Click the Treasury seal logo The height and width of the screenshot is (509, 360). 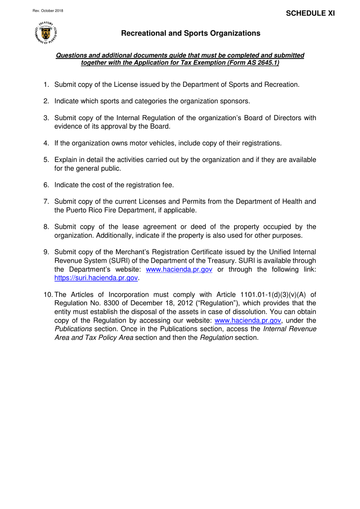[46, 33]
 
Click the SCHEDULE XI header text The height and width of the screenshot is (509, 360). [310, 13]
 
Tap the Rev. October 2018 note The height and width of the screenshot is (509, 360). [48, 11]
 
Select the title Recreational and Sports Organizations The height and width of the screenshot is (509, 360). [191, 33]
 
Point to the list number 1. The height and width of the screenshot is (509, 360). [46, 85]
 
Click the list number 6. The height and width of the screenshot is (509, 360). [46, 185]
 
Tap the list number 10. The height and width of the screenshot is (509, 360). [48, 295]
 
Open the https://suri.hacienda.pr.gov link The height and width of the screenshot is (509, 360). [96, 278]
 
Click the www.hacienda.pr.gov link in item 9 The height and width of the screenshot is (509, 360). [179, 269]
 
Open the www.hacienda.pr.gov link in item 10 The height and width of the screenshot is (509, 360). [247, 320]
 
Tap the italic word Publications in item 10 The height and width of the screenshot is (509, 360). [73, 329]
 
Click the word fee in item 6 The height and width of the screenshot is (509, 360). [167, 185]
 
